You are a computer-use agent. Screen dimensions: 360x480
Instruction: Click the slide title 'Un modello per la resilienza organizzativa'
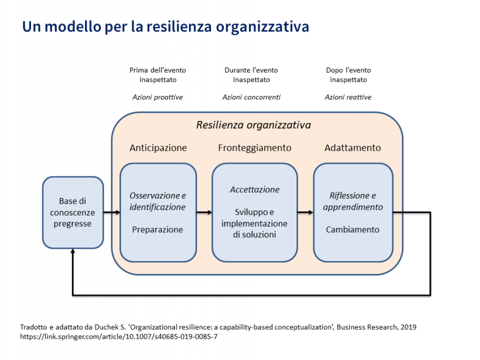[165, 26]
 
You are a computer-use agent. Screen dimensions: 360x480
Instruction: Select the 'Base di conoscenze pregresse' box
[73, 212]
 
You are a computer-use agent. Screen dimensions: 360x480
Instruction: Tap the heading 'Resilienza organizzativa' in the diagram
[253, 125]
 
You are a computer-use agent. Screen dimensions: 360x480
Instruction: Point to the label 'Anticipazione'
[158, 148]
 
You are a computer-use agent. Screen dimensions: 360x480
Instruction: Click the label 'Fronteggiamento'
[254, 148]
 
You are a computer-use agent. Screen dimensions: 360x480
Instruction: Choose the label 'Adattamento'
[352, 148]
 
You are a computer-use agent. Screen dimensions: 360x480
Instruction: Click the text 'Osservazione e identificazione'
[158, 201]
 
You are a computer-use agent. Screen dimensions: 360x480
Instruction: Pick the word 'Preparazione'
[158, 229]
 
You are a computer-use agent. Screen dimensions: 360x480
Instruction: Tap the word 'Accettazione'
[254, 190]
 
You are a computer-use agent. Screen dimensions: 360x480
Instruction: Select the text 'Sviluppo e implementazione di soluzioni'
[254, 223]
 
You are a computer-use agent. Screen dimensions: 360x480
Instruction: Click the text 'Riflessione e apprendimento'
[353, 201]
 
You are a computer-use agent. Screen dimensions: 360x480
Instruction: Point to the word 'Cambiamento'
[353, 229]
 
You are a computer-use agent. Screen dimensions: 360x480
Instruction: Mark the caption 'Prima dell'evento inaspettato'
[158, 75]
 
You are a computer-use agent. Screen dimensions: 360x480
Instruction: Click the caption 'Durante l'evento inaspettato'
[251, 75]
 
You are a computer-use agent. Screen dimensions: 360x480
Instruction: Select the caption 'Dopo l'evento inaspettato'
[348, 75]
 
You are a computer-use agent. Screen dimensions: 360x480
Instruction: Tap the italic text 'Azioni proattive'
[158, 97]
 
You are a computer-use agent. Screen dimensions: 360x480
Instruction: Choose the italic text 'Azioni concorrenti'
[251, 97]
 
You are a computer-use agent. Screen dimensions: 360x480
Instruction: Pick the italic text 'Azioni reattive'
[348, 97]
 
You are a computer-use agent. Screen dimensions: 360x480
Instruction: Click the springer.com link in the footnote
[119, 336]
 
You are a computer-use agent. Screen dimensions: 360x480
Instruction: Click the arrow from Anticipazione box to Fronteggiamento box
[204, 213]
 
